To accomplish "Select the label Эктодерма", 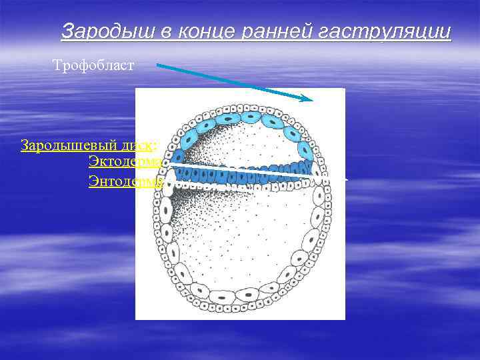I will click(125, 161).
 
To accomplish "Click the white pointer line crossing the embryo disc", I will click(240, 169).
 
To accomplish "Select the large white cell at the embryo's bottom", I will click(247, 293).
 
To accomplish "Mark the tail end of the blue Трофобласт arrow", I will click(159, 65).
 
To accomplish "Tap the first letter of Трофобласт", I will click(57, 65).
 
